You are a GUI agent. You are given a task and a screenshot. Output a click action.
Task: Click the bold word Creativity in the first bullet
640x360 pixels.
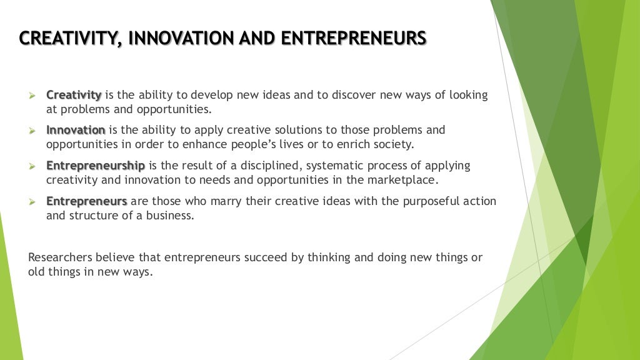[74, 95]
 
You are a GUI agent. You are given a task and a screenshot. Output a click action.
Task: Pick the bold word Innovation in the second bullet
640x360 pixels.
[76, 130]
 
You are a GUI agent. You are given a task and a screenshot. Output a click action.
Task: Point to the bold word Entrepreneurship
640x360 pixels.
[96, 166]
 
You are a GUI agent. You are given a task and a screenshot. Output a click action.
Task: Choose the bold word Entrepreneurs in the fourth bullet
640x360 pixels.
[87, 201]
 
